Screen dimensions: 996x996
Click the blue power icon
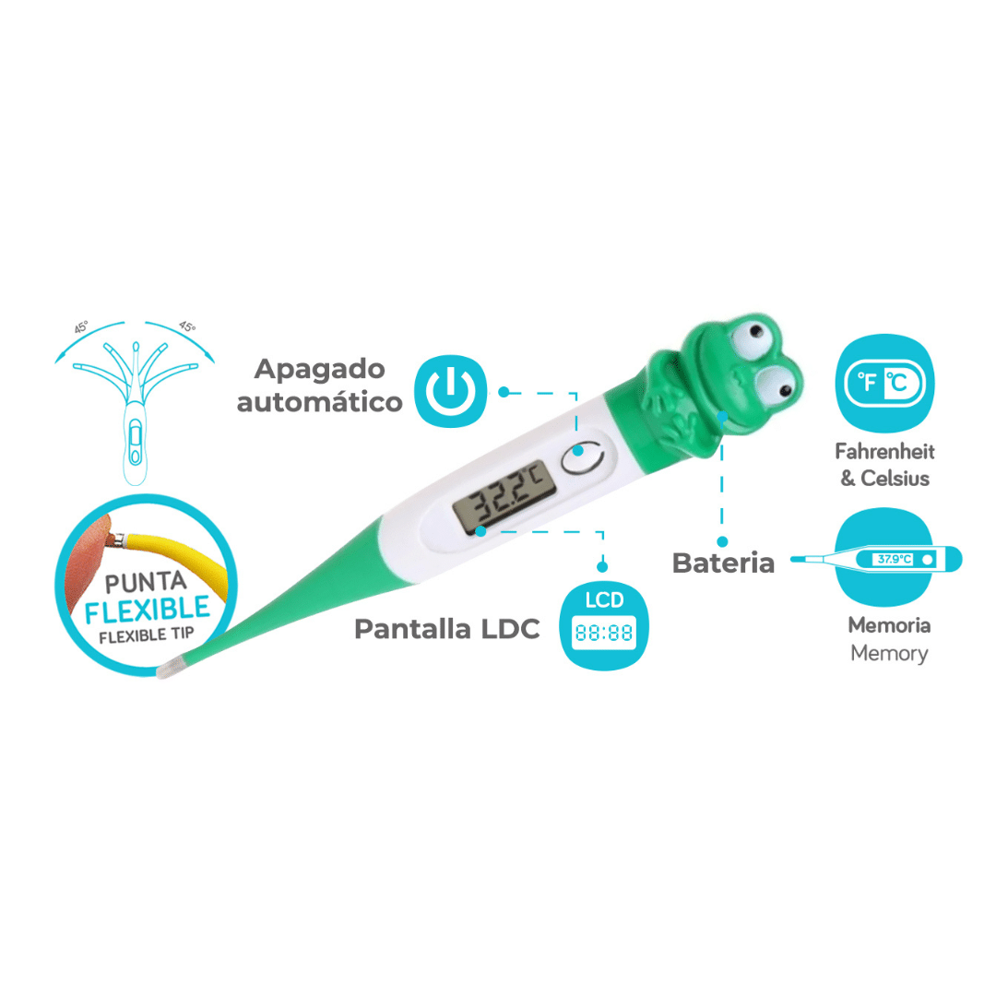450,391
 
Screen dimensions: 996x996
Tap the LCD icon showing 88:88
603,625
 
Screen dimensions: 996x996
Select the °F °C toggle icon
884,383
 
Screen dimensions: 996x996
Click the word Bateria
724,563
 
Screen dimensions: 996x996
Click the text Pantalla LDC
447,629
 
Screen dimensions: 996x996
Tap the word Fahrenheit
884,452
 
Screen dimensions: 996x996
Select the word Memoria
889,625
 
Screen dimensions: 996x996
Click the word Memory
889,653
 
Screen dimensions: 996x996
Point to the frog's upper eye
754,334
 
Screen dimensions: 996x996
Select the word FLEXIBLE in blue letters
148,610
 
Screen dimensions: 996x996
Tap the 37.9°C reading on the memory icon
895,559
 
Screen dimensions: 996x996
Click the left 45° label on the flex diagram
81,327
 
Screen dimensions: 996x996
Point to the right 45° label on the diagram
186,326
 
